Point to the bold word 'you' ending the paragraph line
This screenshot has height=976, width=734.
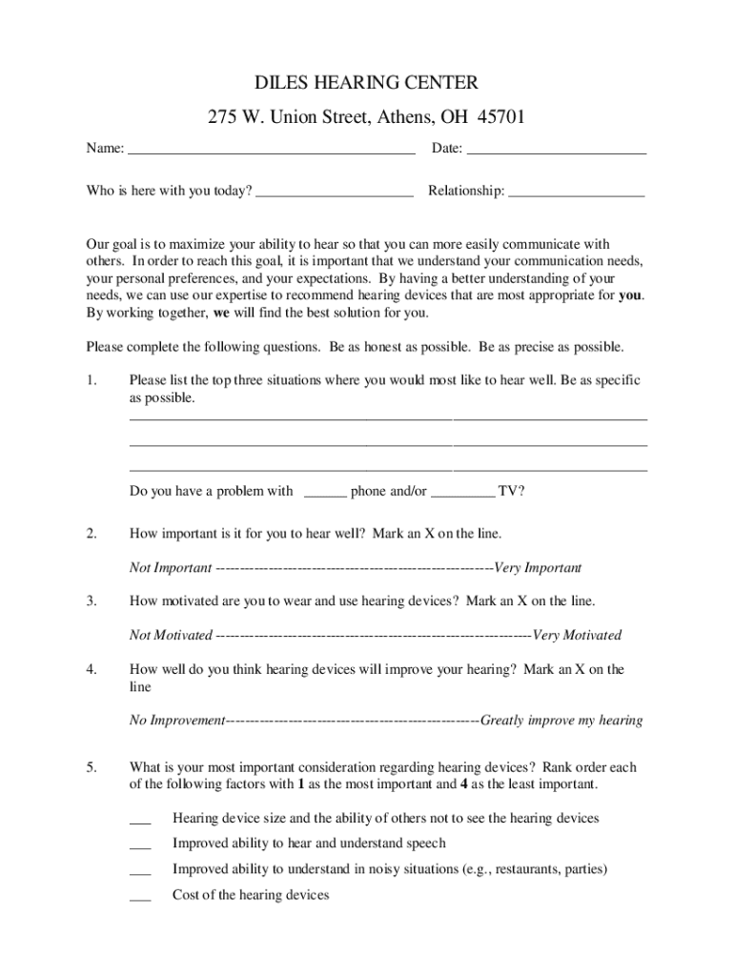pos(630,295)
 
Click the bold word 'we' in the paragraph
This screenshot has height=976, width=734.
pos(221,313)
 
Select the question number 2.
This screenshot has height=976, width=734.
pos(91,534)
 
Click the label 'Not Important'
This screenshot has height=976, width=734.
pos(171,568)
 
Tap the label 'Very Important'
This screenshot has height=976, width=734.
pos(539,568)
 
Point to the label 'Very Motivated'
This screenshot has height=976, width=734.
pos(578,635)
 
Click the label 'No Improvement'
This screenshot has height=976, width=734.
pos(176,721)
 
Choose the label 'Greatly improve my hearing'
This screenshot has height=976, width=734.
pos(561,721)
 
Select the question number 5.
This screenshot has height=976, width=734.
pos(91,767)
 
